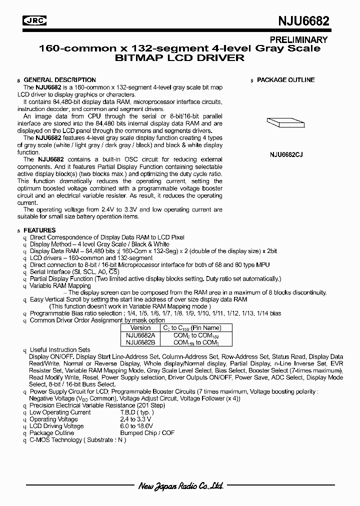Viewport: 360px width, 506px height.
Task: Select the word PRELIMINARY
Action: pos(298,40)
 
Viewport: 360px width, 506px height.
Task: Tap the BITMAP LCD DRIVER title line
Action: pos(180,58)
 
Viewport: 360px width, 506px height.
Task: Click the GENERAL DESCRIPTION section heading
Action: pos(59,80)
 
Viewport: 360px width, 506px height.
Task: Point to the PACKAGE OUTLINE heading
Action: pos(285,80)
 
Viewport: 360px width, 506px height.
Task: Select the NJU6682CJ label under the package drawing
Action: pos(285,155)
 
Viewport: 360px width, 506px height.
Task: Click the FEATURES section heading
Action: pos(39,230)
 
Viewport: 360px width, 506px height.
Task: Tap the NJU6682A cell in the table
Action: pos(140,335)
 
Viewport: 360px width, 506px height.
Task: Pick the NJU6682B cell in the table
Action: pos(140,342)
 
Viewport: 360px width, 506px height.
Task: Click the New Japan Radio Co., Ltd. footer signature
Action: pos(179,486)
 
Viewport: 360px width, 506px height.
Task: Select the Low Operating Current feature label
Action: pos(60,412)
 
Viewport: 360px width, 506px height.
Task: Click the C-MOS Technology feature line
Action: pos(77,440)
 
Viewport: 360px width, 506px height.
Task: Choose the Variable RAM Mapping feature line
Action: pos(60,286)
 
